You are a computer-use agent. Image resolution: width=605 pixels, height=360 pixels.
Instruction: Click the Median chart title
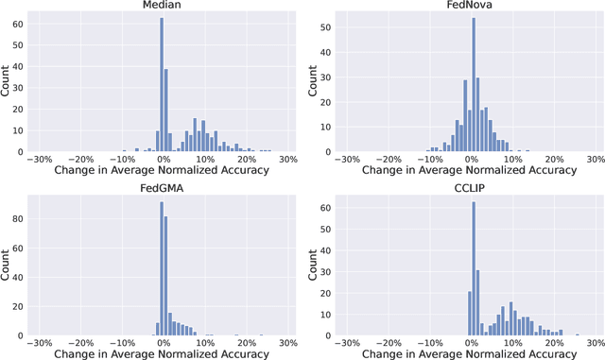pos(163,6)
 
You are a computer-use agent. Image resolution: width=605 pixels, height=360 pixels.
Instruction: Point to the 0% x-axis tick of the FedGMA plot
pos(163,342)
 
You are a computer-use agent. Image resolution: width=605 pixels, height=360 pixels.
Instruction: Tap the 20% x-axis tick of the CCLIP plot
pos(555,342)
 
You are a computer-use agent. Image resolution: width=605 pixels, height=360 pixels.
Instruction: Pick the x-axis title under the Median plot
pos(163,171)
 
